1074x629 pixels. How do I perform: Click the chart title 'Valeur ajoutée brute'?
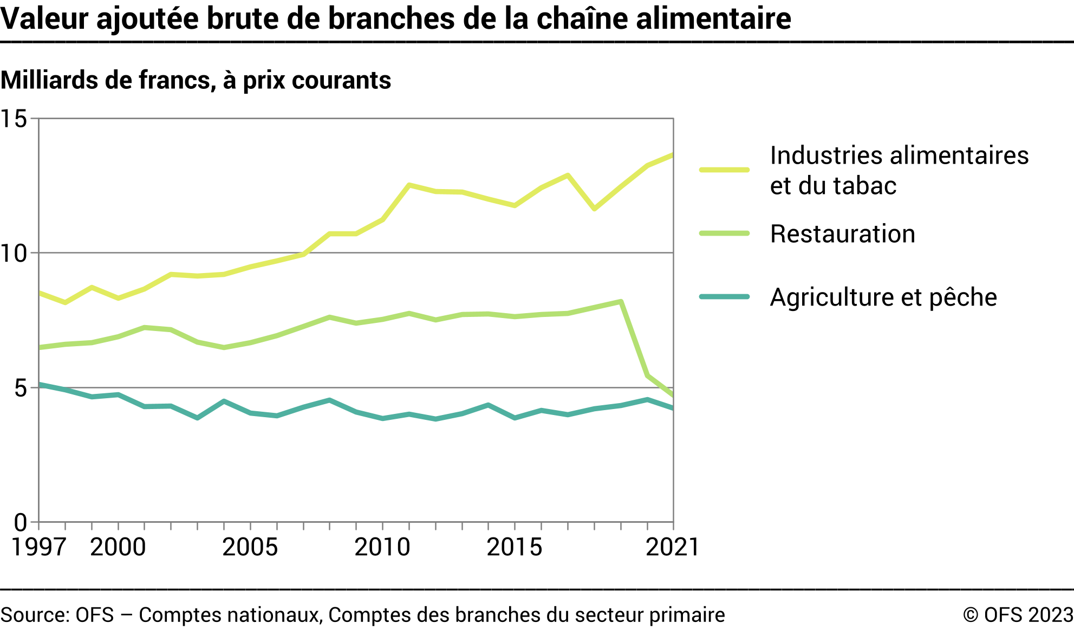395,18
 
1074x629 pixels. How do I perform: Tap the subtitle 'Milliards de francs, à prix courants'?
196,80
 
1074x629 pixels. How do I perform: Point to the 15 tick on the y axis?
14,119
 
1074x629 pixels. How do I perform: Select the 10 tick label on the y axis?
14,253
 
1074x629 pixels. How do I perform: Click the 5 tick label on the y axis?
21,388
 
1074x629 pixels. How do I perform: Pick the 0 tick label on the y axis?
21,522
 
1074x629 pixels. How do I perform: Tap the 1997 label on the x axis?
38,547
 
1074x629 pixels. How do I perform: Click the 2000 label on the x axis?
118,547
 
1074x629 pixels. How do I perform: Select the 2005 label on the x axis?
250,547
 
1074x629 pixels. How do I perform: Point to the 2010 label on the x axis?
382,547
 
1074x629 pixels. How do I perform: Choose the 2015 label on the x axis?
515,547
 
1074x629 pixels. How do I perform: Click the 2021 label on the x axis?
673,547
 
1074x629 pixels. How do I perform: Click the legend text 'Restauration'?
843,234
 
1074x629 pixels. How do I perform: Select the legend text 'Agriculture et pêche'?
883,297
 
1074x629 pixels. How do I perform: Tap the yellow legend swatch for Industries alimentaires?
724,170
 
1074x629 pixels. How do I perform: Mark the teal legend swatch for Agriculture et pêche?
724,297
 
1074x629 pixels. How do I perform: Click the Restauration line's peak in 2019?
621,302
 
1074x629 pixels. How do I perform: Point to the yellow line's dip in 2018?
595,209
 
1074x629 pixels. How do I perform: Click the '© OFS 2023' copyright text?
1018,615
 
